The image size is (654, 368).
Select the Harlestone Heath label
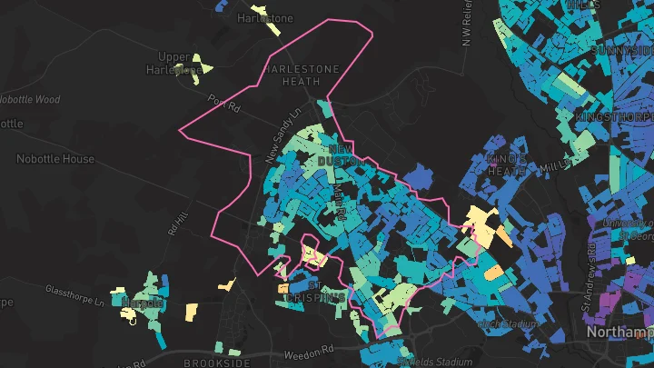pyautogui.click(x=301, y=75)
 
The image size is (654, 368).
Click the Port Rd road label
pyautogui.click(x=223, y=104)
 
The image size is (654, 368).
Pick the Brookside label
pyautogui.click(x=216, y=363)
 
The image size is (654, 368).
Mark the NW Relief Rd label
pyautogui.click(x=467, y=23)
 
